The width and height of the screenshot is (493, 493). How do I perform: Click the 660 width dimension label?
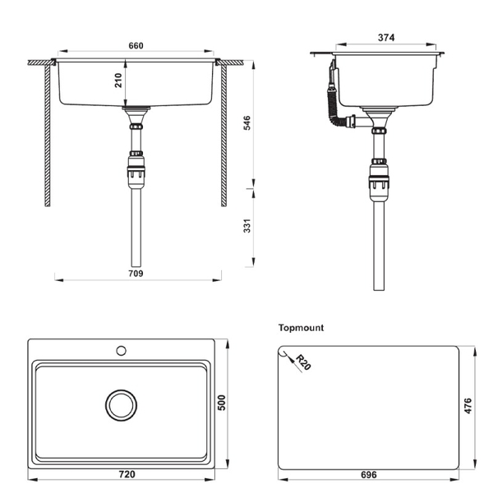(137, 45)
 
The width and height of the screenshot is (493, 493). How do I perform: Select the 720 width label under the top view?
(127, 475)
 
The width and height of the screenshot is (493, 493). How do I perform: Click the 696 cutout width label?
(368, 475)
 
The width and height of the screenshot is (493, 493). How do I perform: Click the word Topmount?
(302, 328)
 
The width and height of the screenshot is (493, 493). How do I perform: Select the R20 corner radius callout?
(302, 362)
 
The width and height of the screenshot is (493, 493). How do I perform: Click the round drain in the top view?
(121, 404)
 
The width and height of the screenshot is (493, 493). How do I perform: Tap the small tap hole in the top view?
(121, 351)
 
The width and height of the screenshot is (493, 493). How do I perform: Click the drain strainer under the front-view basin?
(136, 108)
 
